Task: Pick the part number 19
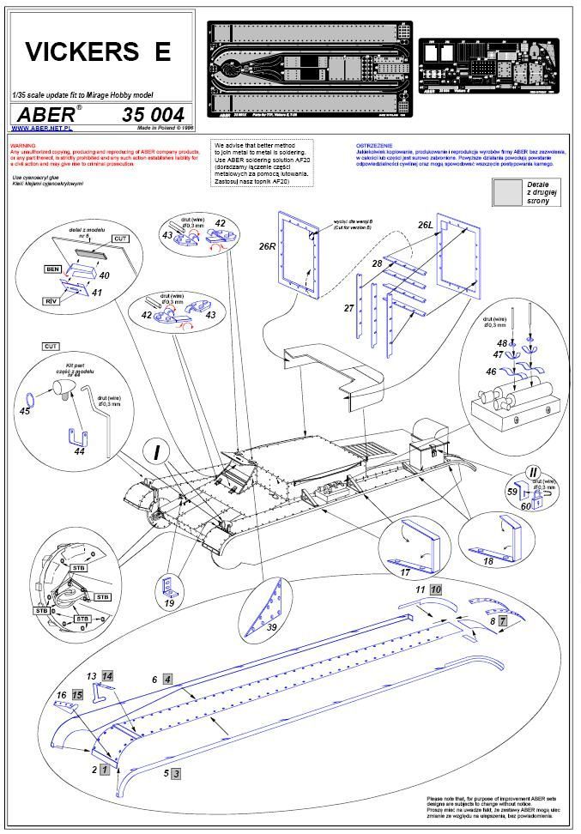168,604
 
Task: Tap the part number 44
79,451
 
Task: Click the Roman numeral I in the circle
157,451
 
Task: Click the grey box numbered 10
436,589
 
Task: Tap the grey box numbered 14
107,675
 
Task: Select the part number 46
491,372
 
